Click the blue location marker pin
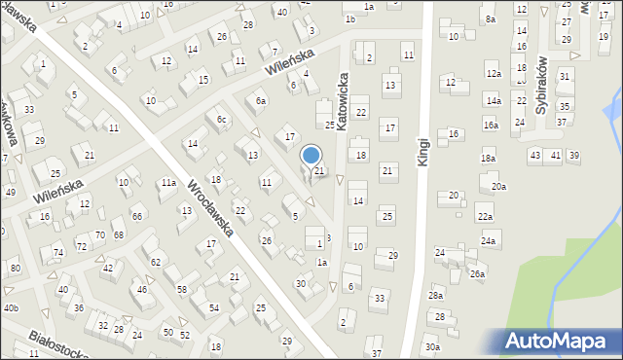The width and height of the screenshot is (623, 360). tap(311, 157)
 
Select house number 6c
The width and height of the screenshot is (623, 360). tap(222, 120)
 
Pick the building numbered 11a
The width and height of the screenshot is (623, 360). tap(168, 183)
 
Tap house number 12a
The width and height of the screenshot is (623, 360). tap(494, 74)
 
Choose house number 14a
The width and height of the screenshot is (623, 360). tap(494, 100)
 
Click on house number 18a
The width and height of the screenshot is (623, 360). tap(488, 158)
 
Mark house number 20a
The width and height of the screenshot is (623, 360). tap(498, 186)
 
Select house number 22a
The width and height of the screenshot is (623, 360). tap(485, 216)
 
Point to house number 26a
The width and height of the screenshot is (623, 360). tap(477, 274)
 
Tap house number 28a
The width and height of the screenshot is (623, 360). tap(436, 295)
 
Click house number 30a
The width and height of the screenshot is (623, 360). tap(431, 346)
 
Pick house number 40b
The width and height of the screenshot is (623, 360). tap(11, 307)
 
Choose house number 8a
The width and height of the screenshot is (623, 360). tap(491, 19)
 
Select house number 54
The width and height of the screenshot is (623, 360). tap(212, 307)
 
